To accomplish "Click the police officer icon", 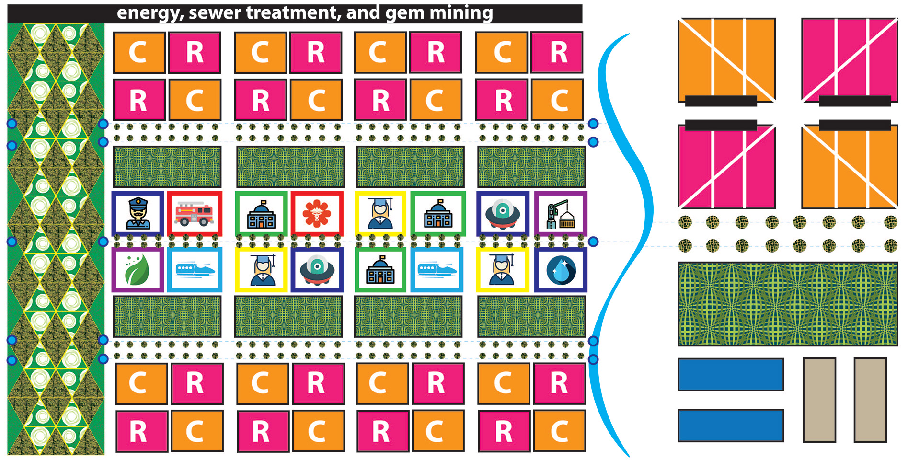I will [x=138, y=214].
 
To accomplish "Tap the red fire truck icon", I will [x=194, y=214].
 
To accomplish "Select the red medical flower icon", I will [x=317, y=214].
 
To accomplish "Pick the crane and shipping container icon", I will [x=560, y=214].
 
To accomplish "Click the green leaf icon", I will [x=138, y=270].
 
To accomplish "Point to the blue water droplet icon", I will [x=560, y=270].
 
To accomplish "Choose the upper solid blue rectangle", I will [x=731, y=375].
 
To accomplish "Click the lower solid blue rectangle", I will [x=731, y=425].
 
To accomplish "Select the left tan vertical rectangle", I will [x=819, y=400].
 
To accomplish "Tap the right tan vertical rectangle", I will [x=870, y=400].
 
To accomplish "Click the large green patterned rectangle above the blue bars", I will [x=787, y=304].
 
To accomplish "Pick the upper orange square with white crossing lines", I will [x=726, y=57].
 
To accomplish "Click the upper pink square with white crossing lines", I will [x=849, y=57].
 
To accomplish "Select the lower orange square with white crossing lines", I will [x=849, y=168].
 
